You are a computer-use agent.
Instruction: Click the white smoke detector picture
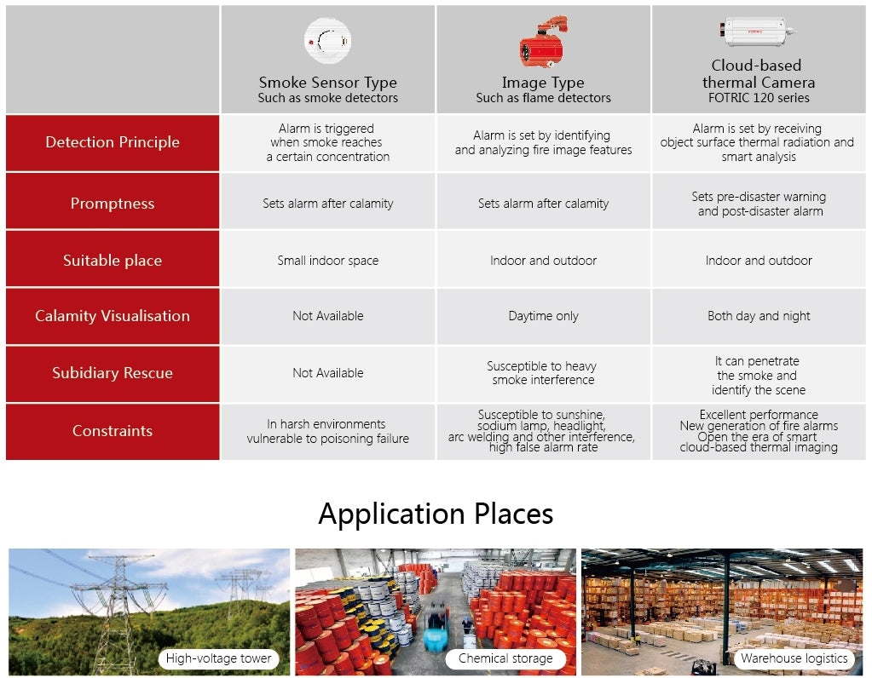point(327,41)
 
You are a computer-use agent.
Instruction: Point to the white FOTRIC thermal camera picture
point(757,32)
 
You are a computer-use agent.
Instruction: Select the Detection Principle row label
point(113,142)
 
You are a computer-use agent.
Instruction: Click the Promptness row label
point(113,204)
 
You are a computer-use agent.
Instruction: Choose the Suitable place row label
point(113,260)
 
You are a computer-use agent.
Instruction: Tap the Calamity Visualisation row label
point(113,316)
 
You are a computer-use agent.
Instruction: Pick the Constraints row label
point(113,431)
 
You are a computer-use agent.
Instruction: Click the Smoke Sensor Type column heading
point(327,83)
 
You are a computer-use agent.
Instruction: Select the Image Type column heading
point(543,83)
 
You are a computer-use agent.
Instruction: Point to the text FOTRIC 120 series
point(759,98)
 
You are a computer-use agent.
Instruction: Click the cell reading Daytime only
point(543,316)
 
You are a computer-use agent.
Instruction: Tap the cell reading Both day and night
point(759,316)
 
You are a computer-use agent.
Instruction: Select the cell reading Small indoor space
point(327,260)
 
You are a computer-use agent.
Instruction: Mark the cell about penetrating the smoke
point(759,375)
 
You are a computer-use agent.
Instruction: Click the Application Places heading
point(436,514)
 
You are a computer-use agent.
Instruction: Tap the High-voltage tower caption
point(218,658)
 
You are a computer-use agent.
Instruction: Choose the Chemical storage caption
point(505,658)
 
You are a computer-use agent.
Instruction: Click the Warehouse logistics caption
point(794,658)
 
